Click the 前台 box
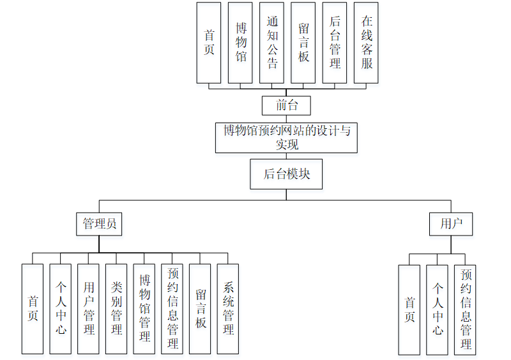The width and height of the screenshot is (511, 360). click(285, 105)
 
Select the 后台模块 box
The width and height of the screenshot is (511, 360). click(286, 174)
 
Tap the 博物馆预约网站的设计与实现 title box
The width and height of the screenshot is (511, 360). click(286, 137)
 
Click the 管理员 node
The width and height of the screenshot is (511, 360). click(99, 224)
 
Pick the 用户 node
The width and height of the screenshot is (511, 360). click(451, 224)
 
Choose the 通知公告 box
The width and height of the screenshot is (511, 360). click(272, 42)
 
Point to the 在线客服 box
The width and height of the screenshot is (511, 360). click(366, 42)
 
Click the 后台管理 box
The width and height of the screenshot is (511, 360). click(335, 42)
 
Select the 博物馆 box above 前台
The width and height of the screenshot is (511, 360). click(240, 42)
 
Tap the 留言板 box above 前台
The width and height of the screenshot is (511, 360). click(303, 42)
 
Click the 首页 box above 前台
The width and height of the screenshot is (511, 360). click(209, 42)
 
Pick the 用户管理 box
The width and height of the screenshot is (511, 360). click(88, 309)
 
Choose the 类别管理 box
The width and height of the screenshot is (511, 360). click(116, 309)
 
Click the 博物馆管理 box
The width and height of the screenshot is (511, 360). click(144, 309)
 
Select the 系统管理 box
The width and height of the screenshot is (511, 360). click(227, 309)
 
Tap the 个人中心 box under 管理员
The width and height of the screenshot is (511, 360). click(61, 309)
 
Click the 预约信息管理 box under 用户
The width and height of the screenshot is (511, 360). click(466, 310)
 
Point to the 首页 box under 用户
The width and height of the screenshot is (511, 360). click(409, 310)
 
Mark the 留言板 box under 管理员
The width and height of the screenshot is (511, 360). click(200, 309)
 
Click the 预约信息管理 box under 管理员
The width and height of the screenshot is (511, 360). click(172, 309)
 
